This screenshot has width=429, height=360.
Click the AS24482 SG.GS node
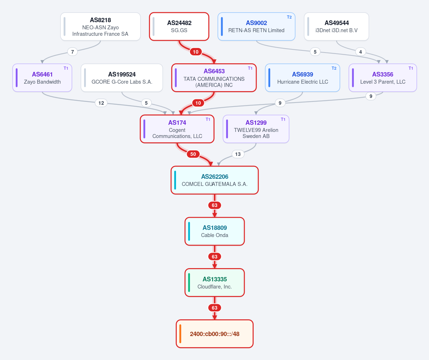[179, 26]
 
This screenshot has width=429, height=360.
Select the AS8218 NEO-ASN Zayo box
[101, 26]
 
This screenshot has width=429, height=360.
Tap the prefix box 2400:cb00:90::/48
[215, 334]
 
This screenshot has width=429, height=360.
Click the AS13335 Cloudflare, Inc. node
[215, 283]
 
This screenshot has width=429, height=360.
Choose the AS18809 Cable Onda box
[215, 231]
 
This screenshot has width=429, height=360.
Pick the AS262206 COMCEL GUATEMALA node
[215, 180]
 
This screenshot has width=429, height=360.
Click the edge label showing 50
[193, 154]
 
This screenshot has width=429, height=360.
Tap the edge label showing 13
[238, 154]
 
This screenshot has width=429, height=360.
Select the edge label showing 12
[101, 103]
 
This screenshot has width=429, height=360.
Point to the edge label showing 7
[73, 52]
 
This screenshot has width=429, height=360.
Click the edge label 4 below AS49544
[360, 52]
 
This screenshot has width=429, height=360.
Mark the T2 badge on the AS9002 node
[289, 17]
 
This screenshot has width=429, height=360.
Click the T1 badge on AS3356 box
[411, 68]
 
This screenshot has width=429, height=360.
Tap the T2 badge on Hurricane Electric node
[334, 68]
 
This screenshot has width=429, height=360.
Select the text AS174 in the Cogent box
[177, 123]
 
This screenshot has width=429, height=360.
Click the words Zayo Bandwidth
[43, 82]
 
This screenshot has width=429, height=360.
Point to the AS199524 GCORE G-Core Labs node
[122, 78]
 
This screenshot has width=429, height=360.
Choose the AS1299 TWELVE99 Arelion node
[256, 129]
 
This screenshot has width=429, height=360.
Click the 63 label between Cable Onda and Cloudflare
[215, 257]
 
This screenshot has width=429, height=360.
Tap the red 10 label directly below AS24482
[196, 52]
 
